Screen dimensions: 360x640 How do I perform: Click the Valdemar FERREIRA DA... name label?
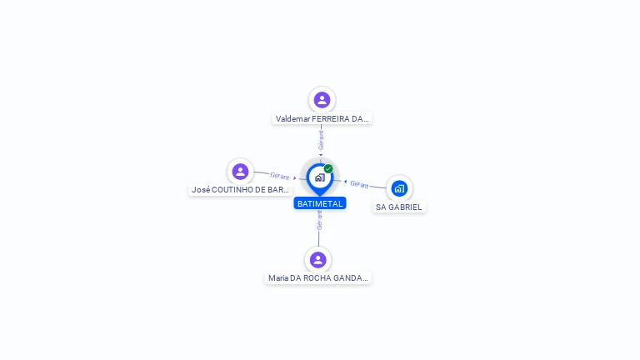pyautogui.click(x=322, y=119)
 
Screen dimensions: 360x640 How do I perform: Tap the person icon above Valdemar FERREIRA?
pyautogui.click(x=322, y=100)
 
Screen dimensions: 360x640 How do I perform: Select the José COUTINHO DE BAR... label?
pyautogui.click(x=240, y=190)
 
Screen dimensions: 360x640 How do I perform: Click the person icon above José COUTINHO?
pyautogui.click(x=240, y=172)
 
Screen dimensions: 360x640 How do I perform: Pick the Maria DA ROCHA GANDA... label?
pyautogui.click(x=317, y=278)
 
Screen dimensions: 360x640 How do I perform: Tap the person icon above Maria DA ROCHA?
pyautogui.click(x=317, y=260)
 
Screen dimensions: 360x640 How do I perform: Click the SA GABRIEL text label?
pyautogui.click(x=399, y=207)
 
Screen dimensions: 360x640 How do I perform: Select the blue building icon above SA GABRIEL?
pyautogui.click(x=399, y=188)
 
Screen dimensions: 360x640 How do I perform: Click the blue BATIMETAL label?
pyautogui.click(x=319, y=203)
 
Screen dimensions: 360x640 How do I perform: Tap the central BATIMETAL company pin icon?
pyautogui.click(x=319, y=177)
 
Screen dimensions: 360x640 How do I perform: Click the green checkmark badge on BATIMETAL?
pyautogui.click(x=328, y=168)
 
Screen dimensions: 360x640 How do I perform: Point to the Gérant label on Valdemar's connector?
pyautogui.click(x=321, y=139)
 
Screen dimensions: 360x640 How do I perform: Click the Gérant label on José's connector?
pyautogui.click(x=279, y=176)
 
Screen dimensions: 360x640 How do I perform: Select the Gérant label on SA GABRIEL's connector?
pyautogui.click(x=359, y=184)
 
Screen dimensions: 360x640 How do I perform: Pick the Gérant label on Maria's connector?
pyautogui.click(x=319, y=219)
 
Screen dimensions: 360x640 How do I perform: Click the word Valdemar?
pyautogui.click(x=293, y=119)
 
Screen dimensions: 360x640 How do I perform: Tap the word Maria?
pyautogui.click(x=277, y=278)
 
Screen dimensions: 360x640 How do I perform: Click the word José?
pyautogui.click(x=200, y=190)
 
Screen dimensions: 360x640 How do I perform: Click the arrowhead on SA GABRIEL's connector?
pyautogui.click(x=345, y=181)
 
